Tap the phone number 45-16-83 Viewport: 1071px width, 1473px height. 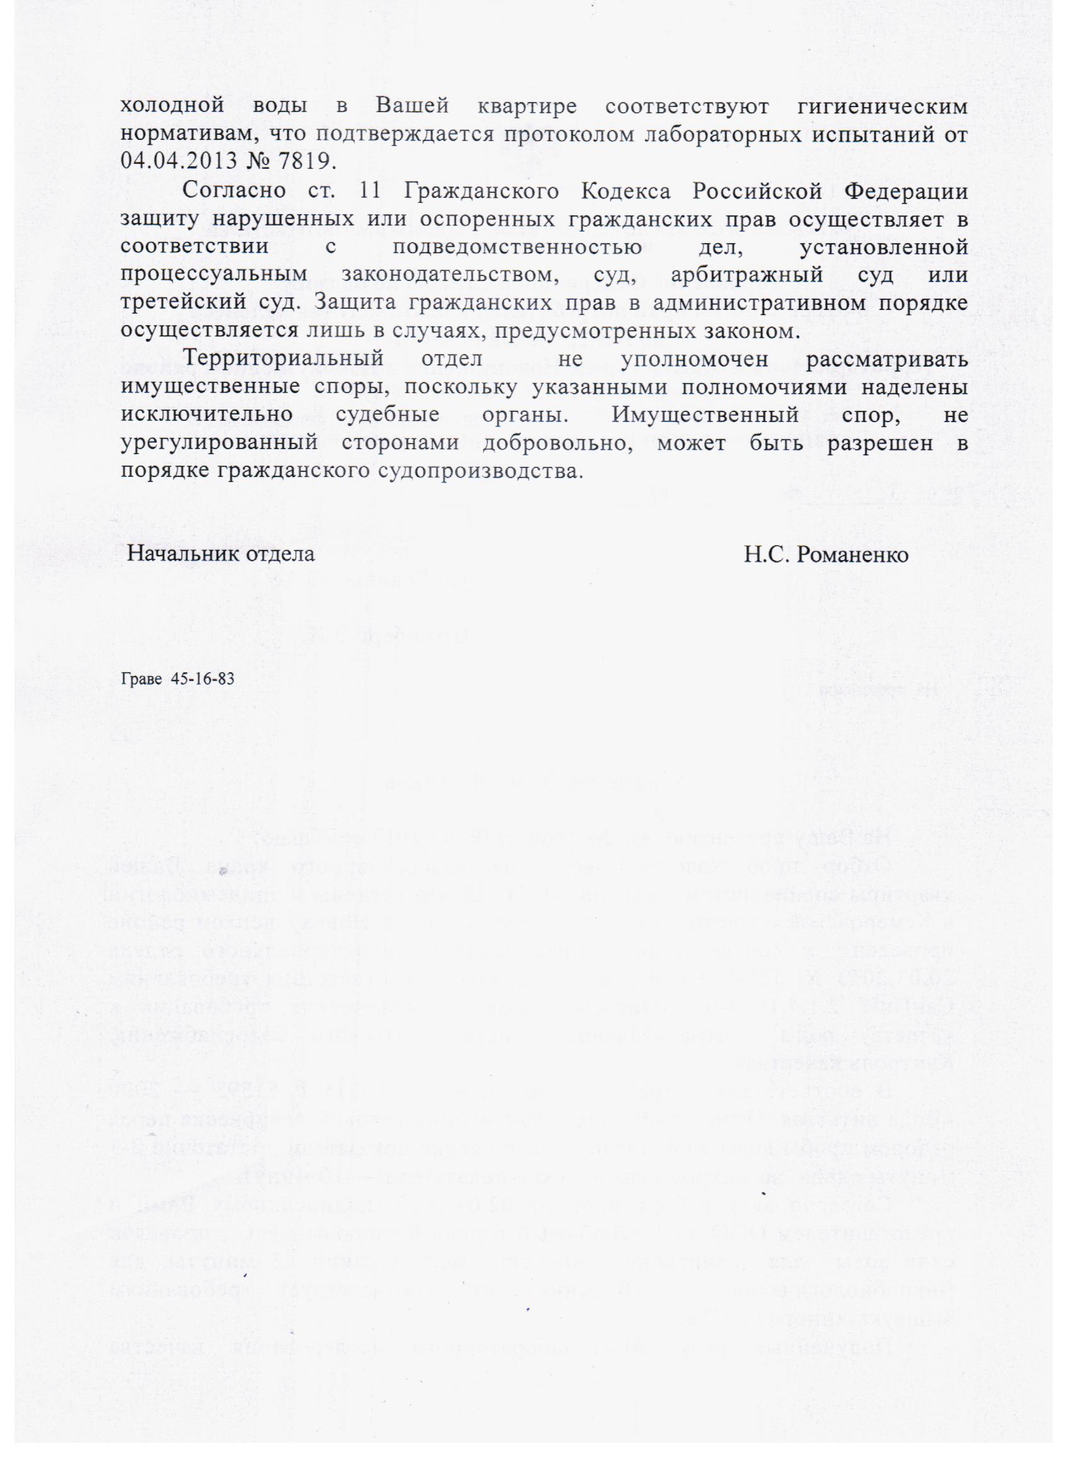click(202, 679)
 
